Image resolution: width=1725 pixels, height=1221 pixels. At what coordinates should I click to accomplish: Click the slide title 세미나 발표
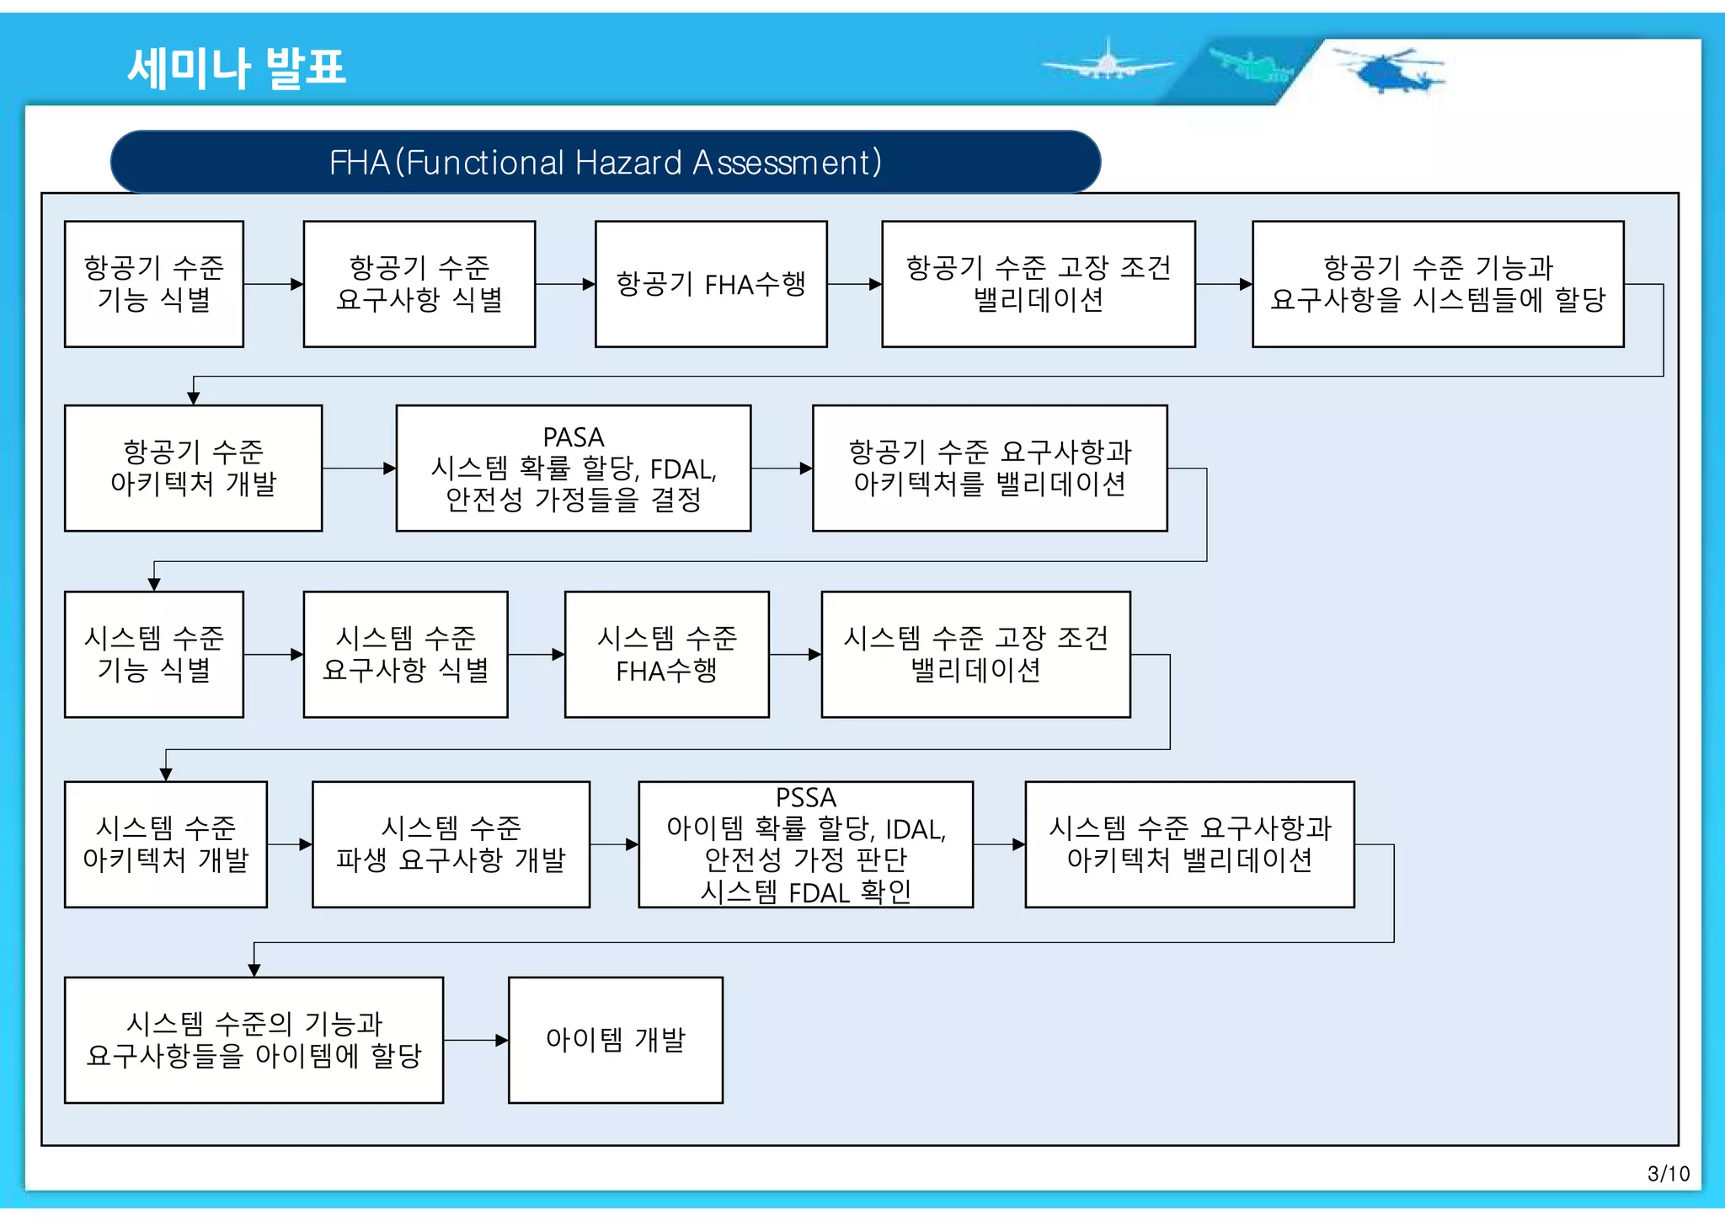pos(237,67)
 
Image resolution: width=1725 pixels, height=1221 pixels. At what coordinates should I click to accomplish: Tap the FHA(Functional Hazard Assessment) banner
pos(605,162)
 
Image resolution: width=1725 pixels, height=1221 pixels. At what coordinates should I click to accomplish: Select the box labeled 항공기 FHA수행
pos(711,284)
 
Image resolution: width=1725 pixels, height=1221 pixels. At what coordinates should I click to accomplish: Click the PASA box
pos(573,469)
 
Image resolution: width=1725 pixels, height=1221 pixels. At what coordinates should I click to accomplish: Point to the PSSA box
pos(805,844)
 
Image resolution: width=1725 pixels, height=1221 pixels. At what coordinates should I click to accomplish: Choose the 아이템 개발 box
pos(615,1040)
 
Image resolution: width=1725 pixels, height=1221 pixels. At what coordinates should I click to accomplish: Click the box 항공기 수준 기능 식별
pos(154,284)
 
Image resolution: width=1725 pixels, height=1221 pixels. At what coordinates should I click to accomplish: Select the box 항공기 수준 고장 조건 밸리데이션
pos(1038,284)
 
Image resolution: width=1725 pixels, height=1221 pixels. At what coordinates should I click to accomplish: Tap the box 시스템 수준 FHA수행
pos(666,655)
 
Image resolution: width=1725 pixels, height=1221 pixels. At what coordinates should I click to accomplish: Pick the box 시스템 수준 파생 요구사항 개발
pos(451,844)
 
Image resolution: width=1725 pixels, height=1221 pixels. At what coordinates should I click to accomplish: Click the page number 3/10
pos(1668,1174)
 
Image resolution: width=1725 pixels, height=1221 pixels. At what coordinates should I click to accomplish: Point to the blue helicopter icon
pos(1390,71)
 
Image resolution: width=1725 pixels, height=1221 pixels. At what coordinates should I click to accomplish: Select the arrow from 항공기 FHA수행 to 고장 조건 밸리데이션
pos(854,285)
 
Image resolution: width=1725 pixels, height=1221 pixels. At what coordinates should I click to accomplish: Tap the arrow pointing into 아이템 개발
pos(476,1041)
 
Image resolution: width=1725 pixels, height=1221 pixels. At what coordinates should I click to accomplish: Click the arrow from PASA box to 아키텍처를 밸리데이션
pos(781,469)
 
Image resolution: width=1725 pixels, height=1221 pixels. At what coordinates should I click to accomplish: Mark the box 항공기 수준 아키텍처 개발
pos(193,469)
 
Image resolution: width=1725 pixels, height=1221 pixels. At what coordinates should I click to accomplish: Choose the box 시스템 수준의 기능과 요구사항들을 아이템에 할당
pos(254,1040)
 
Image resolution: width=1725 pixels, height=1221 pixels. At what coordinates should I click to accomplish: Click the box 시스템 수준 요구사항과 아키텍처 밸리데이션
pos(1189,844)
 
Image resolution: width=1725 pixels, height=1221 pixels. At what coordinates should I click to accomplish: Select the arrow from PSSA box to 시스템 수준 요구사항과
pos(999,844)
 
